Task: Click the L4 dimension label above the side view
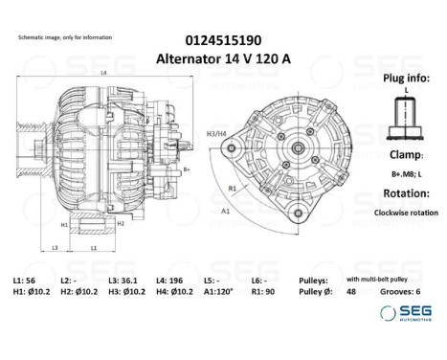[103, 74]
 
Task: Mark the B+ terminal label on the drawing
[189, 169]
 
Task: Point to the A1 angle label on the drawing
[226, 209]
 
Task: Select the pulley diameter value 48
[349, 291]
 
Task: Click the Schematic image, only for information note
[65, 37]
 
